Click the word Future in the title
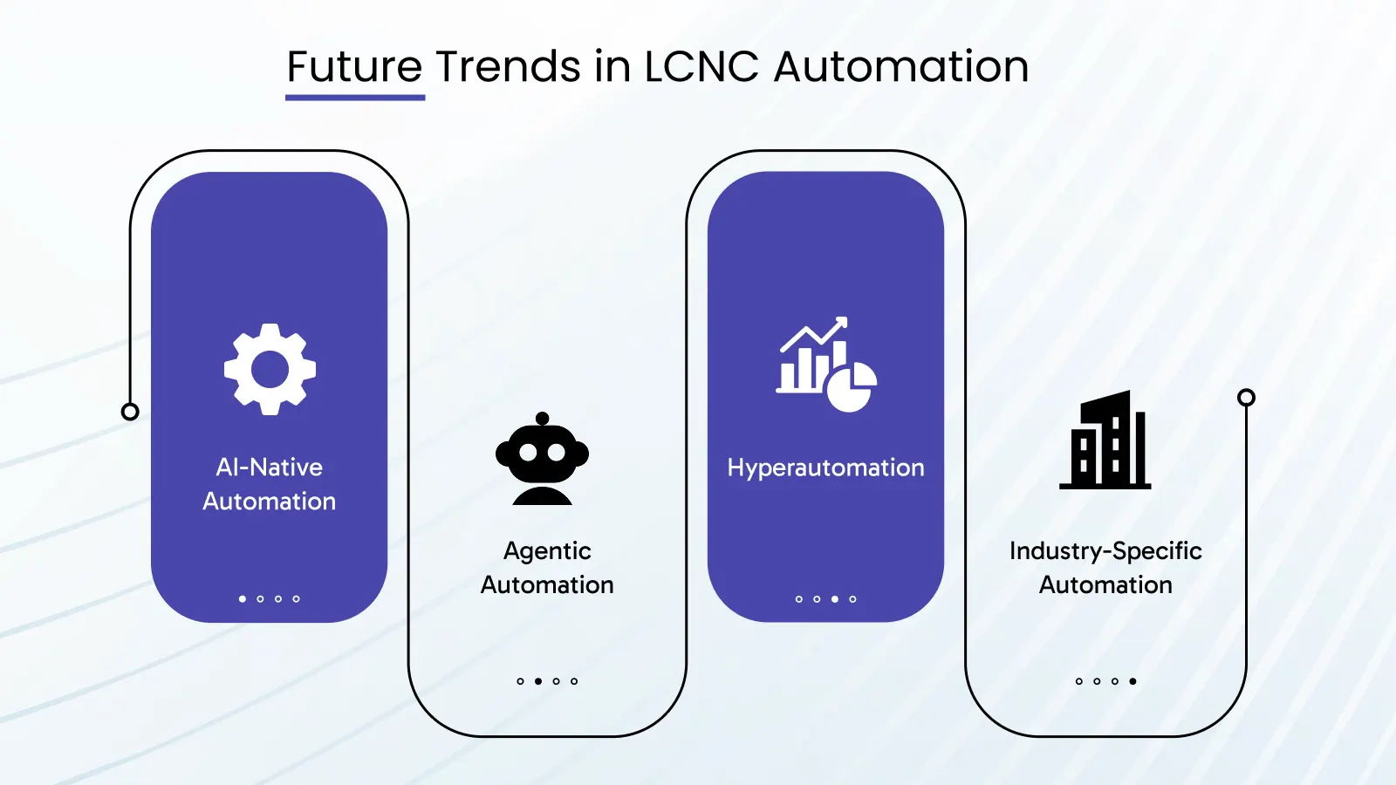coord(354,67)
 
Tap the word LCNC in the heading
coord(701,67)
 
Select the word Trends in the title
coord(508,67)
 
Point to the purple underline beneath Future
coord(355,97)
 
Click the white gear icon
coord(270,369)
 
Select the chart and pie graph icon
coord(825,365)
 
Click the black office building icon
coord(1105,440)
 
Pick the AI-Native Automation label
coord(269,484)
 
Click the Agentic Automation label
coord(547,568)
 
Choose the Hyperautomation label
coord(825,468)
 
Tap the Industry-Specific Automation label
coord(1105,568)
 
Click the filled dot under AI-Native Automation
coord(243,599)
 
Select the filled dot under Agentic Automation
coord(538,681)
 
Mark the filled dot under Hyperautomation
coord(835,599)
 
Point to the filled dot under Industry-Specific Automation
coord(1133,681)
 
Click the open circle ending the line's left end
coord(130,412)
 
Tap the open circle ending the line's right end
coord(1246,398)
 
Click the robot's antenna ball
coord(542,418)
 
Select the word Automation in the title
coord(901,67)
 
